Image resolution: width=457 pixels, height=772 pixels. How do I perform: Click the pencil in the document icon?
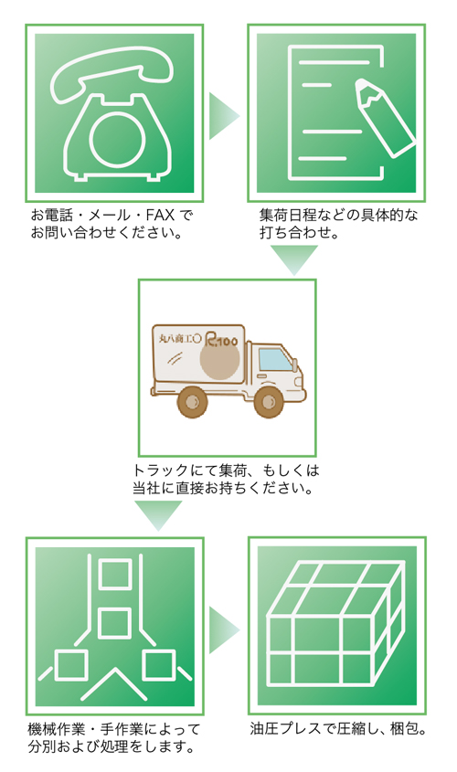tap(384, 117)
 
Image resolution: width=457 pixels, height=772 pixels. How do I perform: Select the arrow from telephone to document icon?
tap(224, 116)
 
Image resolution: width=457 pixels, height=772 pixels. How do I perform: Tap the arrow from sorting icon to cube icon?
tap(224, 629)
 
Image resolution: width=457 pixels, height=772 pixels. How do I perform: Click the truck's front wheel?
tap(269, 402)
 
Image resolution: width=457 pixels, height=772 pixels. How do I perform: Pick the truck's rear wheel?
tap(193, 402)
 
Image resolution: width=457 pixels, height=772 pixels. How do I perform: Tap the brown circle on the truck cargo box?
tap(219, 359)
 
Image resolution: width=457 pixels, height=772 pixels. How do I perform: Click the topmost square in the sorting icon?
tap(115, 574)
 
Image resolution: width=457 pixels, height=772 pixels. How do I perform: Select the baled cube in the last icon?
tap(335, 624)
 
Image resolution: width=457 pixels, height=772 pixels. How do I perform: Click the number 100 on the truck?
tap(227, 341)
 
